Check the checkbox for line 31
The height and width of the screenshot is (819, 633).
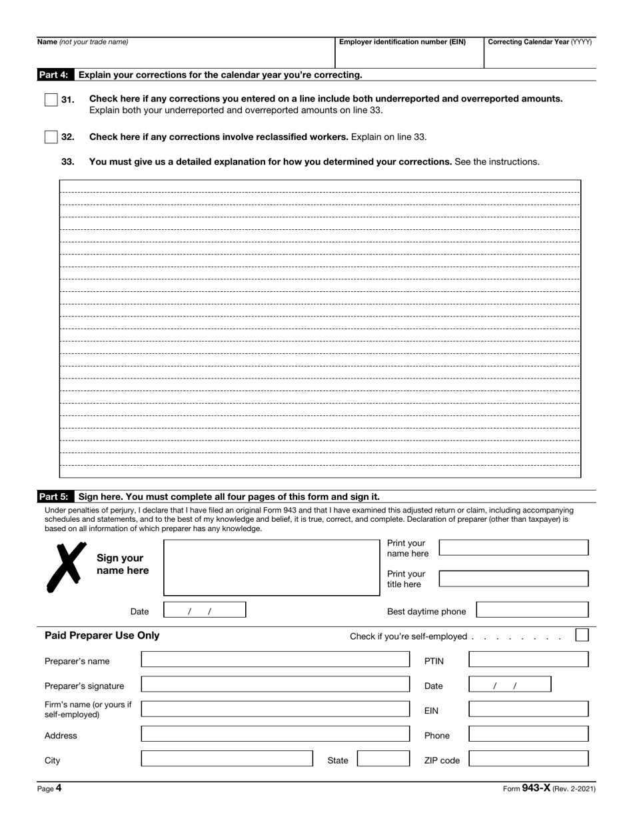coord(51,100)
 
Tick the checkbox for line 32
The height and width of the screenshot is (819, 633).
coord(51,137)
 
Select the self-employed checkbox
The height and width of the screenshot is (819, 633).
coord(582,635)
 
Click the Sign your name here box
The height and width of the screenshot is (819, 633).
coord(271,568)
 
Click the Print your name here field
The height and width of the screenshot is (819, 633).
coord(514,548)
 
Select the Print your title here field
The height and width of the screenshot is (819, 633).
coord(514,578)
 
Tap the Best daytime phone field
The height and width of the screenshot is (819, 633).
coord(532,610)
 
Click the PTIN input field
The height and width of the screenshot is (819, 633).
coord(528,660)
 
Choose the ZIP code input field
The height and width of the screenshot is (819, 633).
coord(528,759)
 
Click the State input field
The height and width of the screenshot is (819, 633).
coord(383,759)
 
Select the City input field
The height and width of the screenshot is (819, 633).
coord(227,759)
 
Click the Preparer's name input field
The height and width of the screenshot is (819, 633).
coord(275,660)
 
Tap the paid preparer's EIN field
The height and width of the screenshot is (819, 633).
coord(528,709)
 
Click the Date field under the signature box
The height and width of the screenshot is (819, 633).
coord(205,610)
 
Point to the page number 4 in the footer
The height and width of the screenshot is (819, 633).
coord(58,788)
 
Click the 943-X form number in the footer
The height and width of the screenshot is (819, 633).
coord(536,788)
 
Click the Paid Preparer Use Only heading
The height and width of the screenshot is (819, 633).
coord(102,636)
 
